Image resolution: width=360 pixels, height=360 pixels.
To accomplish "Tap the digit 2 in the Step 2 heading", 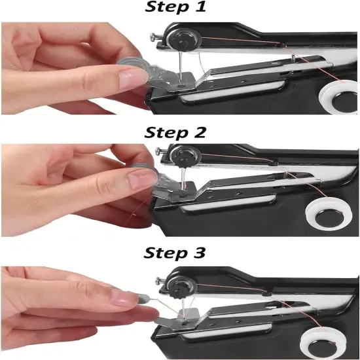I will point(211,132).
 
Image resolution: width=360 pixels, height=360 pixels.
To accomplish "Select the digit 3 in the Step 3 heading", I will point(211,252).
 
